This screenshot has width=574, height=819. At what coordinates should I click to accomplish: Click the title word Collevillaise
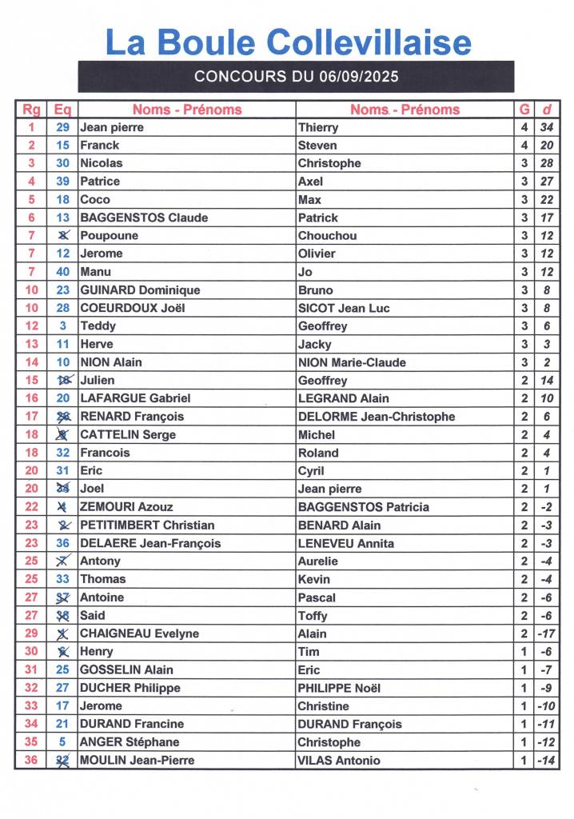[x=369, y=42]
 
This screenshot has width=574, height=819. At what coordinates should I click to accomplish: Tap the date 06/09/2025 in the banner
[x=359, y=77]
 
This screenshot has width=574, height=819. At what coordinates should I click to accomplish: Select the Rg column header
[x=31, y=110]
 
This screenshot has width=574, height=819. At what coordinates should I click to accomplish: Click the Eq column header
[x=62, y=110]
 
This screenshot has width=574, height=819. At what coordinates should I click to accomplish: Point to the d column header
[x=547, y=110]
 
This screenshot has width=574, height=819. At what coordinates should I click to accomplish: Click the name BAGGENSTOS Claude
[x=144, y=218]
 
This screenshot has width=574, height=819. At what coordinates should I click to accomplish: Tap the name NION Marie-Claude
[x=352, y=362]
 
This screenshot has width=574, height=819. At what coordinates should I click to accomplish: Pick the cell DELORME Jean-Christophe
[x=377, y=417]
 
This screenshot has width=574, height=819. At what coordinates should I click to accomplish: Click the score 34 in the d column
[x=547, y=127]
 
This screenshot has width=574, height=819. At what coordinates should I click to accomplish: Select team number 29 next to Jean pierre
[x=63, y=127]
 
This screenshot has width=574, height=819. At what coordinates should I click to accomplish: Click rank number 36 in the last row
[x=31, y=761]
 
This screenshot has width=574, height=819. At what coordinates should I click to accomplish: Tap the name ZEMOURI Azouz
[x=126, y=507]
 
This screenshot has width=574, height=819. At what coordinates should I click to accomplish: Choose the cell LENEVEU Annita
[x=346, y=543]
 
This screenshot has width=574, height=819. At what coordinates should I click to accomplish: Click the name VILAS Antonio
[x=339, y=761]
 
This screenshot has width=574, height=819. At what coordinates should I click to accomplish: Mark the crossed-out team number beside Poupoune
[x=63, y=236]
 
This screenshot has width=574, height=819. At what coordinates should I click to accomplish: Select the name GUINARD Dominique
[x=140, y=290]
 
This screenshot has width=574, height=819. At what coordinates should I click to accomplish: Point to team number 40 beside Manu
[x=63, y=272]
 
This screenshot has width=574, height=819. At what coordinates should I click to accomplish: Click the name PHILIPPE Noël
[x=340, y=688]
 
